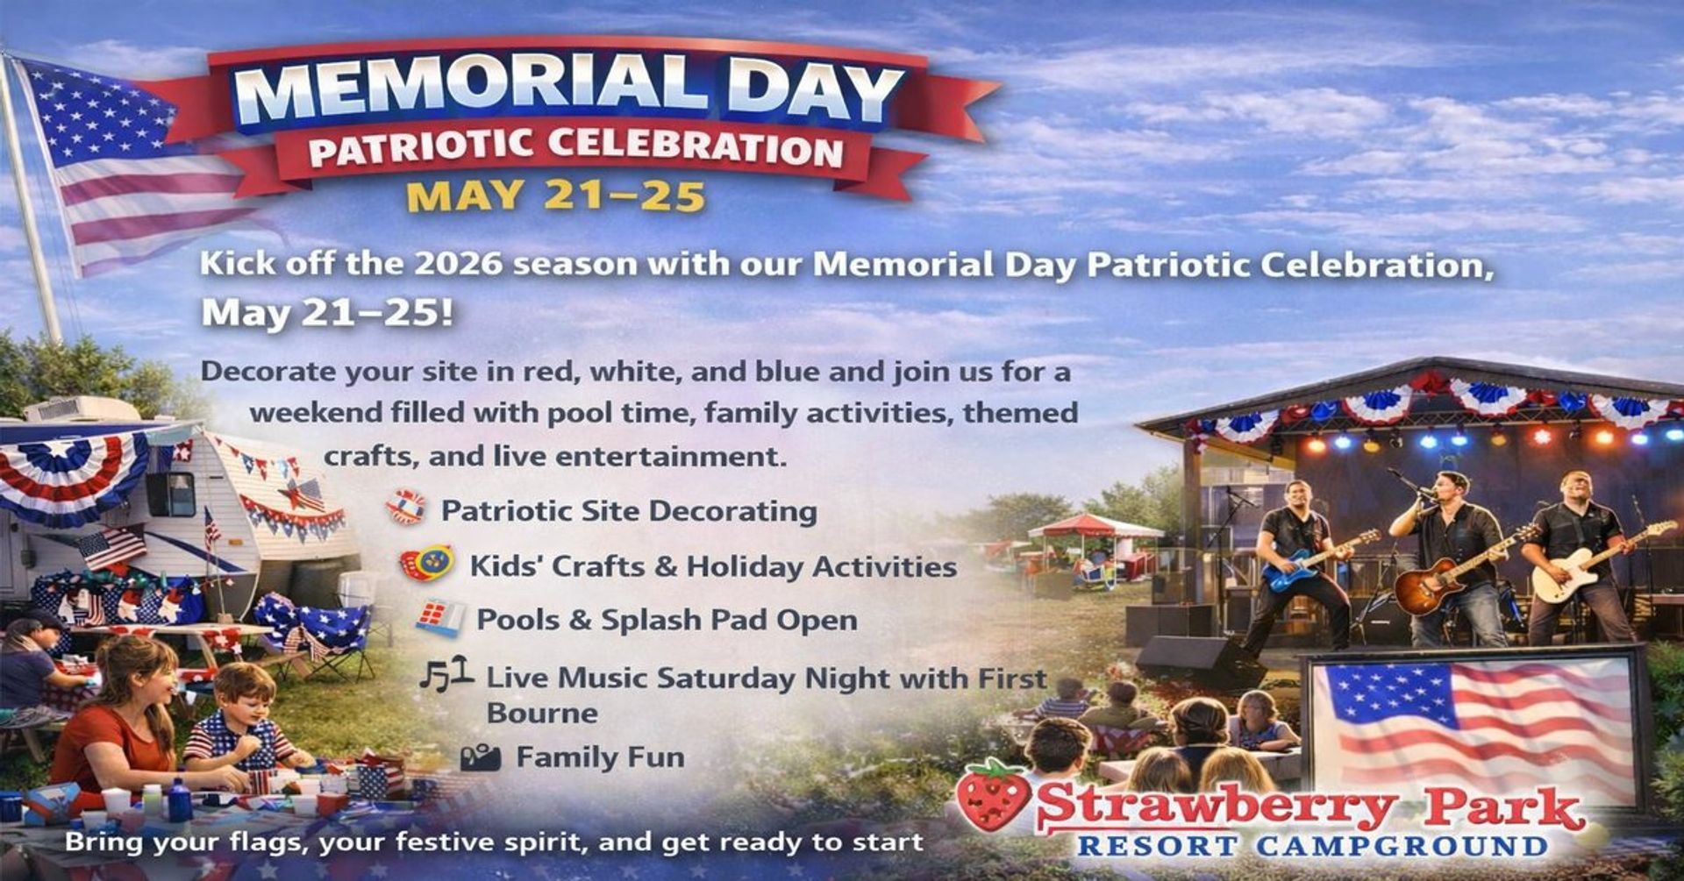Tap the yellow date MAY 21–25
point(556,195)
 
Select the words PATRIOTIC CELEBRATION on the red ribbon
point(575,148)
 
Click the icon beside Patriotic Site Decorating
point(406,508)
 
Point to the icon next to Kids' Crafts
point(427,564)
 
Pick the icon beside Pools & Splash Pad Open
point(439,619)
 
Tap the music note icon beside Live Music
point(446,675)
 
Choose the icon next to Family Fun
point(481,757)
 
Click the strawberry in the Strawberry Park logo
point(994,795)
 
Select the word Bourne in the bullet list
point(542,713)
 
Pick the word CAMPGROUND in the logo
point(1402,846)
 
